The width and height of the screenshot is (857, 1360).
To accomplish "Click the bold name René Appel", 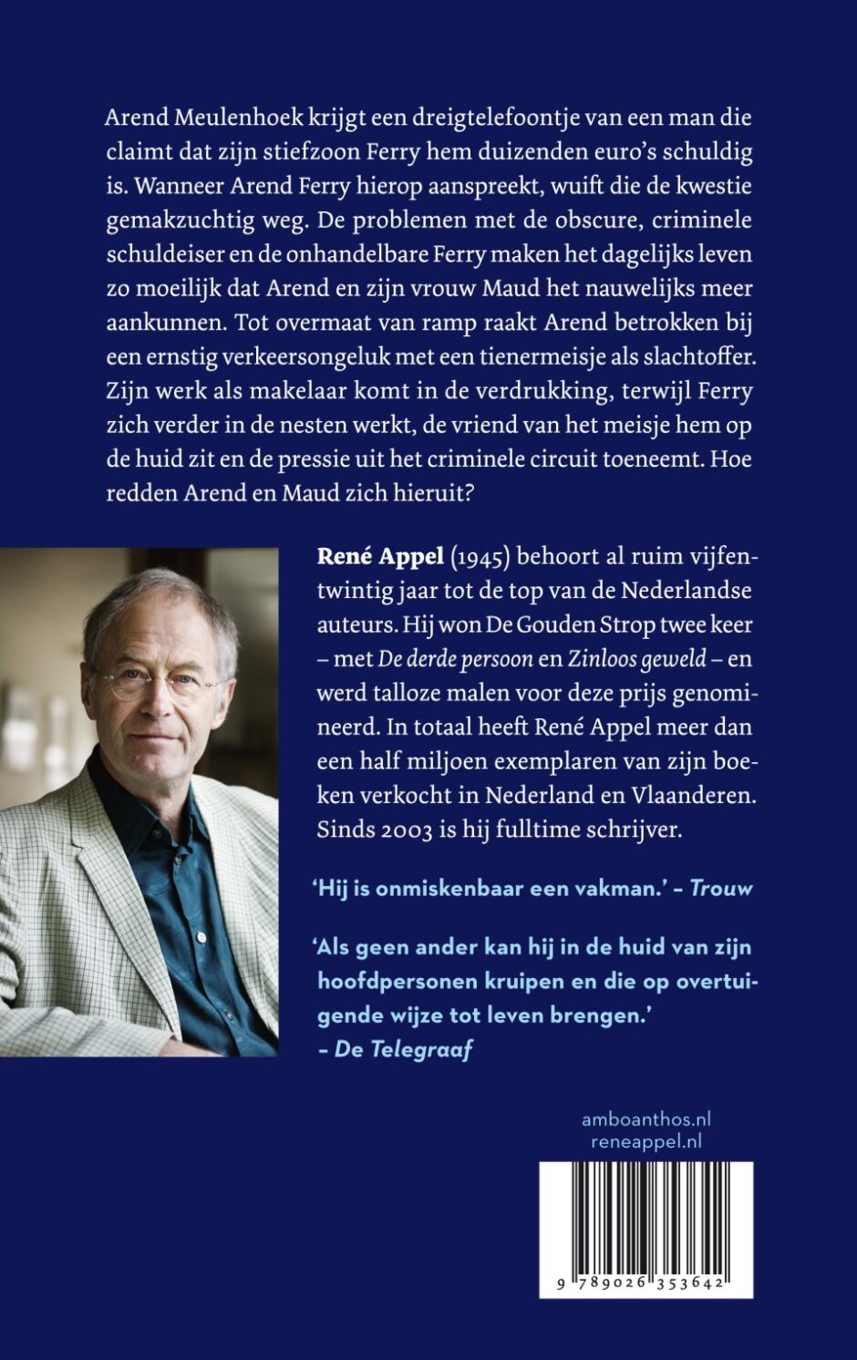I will (380, 556).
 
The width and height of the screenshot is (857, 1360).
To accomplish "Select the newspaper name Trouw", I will (721, 889).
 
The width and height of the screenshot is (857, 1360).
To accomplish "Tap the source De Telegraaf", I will (404, 1050).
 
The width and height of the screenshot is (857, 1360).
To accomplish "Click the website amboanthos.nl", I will (645, 1119).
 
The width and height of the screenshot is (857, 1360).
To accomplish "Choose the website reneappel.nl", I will (646, 1141).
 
